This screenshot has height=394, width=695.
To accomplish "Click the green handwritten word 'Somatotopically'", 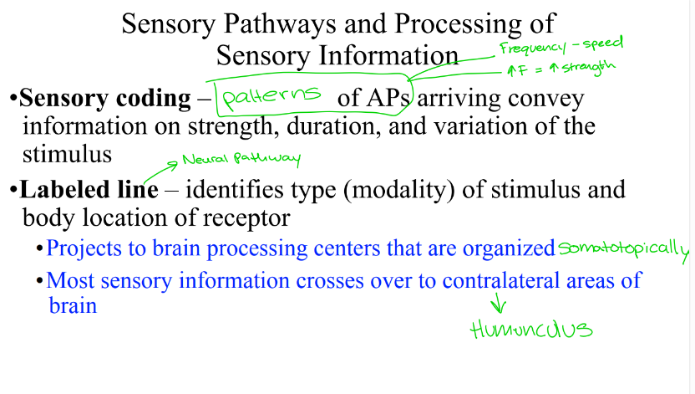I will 623,248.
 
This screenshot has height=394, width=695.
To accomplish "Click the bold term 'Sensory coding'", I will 104,99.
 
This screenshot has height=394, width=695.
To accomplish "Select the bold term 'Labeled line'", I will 89,190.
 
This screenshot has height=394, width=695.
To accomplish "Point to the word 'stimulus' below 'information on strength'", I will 68,155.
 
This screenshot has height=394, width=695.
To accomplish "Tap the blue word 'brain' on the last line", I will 73,305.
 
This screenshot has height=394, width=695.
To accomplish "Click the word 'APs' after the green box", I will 386,99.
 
